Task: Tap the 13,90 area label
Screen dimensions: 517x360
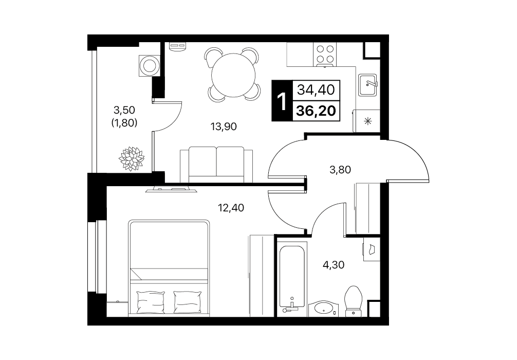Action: coord(224,127)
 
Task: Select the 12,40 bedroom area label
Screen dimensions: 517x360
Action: coord(231,208)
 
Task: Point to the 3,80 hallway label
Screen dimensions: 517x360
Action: coord(340,170)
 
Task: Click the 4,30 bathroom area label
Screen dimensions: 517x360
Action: coord(334,265)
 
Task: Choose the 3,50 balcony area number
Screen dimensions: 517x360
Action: coord(124,110)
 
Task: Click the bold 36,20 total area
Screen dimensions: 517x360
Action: coord(316,111)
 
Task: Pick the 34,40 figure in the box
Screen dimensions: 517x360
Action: coord(316,90)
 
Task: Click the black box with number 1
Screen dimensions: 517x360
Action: coord(282,101)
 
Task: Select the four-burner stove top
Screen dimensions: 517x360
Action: coord(325,55)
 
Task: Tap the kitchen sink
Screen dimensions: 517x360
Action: coord(367,85)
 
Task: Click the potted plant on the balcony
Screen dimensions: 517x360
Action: coord(132,159)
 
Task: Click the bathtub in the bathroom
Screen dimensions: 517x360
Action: coord(292,276)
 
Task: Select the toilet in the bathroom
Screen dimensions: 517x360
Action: coord(354,301)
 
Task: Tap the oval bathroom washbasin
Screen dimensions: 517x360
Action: coord(324,309)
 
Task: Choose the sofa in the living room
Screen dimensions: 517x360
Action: coord(216,165)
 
